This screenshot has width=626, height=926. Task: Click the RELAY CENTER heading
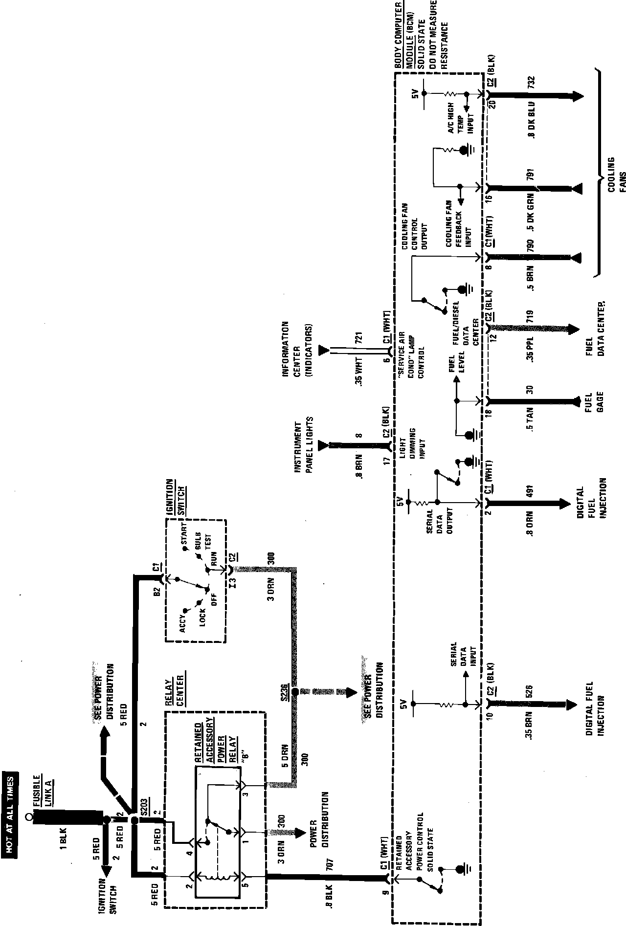pyautogui.click(x=174, y=691)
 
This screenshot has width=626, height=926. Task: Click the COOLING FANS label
pyautogui.click(x=616, y=175)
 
